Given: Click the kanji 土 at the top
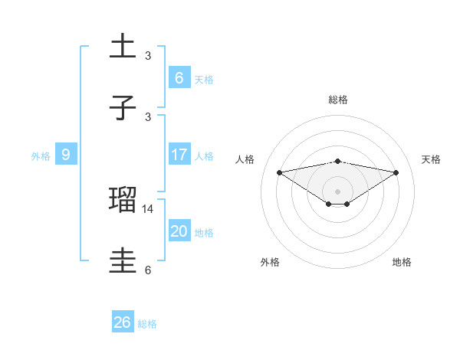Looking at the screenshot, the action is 123,47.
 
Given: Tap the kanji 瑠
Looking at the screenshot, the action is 123,200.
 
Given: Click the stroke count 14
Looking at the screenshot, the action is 149,208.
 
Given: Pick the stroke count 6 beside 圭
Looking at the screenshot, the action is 148,270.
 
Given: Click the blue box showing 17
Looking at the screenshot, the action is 179,155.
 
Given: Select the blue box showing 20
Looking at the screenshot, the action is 179,231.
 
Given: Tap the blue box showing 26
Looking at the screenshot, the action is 122,322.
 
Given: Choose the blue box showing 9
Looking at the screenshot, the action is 66,155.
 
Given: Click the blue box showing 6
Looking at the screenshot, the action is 179,77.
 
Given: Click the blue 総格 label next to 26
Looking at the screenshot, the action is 147,324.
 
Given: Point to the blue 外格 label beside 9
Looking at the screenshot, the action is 41,155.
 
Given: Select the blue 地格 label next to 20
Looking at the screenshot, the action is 204,233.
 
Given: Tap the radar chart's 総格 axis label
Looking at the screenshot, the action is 338,100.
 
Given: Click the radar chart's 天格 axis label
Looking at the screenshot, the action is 432,159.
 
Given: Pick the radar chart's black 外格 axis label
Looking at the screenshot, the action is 270,262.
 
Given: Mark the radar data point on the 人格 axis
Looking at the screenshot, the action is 280,172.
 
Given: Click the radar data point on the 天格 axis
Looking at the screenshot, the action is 396,172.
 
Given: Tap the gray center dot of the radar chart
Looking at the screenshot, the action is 338,191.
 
